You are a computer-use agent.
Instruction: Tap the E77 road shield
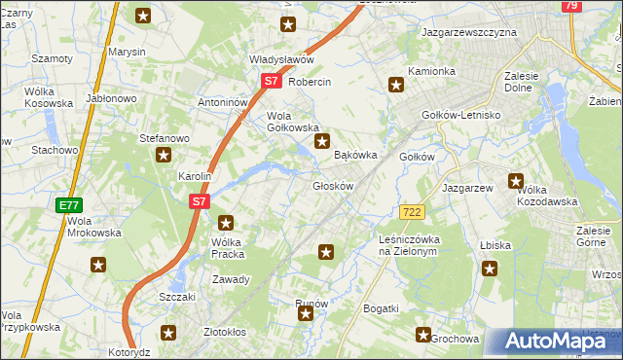click(x=68, y=205)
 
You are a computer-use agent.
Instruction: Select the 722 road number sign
click(x=411, y=212)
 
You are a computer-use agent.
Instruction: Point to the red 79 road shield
click(x=571, y=6)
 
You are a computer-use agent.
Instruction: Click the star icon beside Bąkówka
click(x=321, y=142)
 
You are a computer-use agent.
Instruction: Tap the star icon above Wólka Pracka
click(x=226, y=223)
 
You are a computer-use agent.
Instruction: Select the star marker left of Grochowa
click(x=423, y=336)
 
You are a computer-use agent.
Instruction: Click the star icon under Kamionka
click(x=396, y=86)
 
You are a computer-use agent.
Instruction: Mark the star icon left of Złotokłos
click(x=168, y=334)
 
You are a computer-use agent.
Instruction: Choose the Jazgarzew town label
click(x=468, y=187)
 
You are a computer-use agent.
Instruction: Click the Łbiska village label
click(x=495, y=245)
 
